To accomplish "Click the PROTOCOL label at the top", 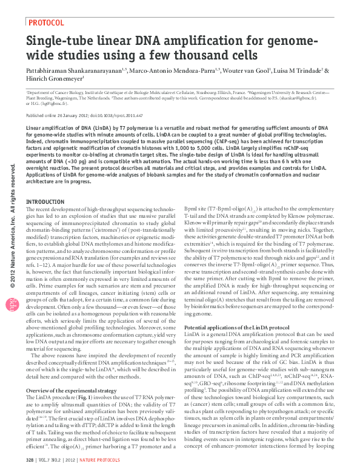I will pos(46,22).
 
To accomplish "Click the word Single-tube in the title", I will pos(60,42).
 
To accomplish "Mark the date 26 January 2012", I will pos(75,115).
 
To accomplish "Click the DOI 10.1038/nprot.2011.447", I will pos(120,115).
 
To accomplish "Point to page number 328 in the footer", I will pos(30,462).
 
